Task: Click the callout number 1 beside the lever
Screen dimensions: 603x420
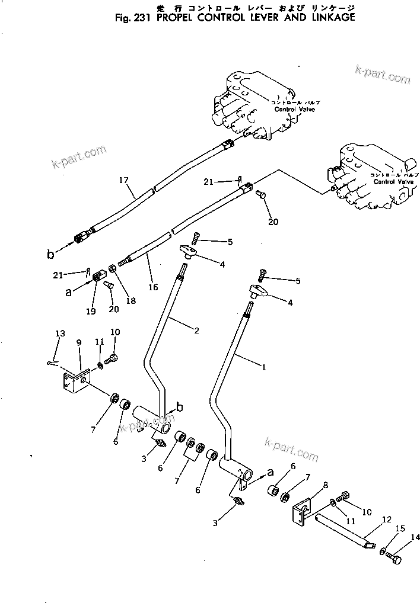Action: tap(263, 367)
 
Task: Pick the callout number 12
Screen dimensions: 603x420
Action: tap(387, 519)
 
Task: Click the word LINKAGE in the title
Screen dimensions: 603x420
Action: tap(330, 18)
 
